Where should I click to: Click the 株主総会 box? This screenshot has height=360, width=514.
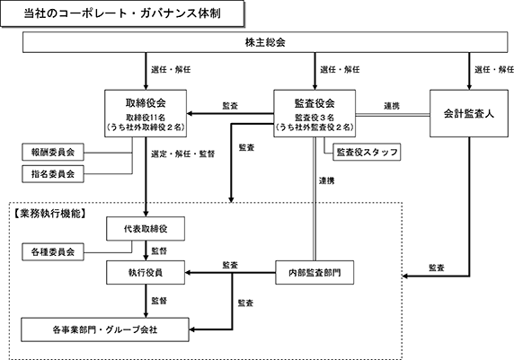click(265, 42)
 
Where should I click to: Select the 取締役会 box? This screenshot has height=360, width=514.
click(146, 113)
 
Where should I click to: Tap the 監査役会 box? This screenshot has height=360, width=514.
click(315, 113)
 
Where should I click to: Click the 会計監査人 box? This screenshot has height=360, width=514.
click(469, 113)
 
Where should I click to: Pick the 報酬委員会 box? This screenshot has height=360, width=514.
click(53, 152)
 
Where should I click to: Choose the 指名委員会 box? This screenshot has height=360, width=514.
click(53, 173)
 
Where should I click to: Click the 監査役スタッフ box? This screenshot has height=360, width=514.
click(367, 152)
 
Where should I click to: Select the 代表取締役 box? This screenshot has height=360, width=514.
click(146, 229)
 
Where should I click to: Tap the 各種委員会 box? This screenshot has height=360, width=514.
click(53, 252)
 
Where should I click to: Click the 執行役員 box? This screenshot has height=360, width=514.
click(146, 273)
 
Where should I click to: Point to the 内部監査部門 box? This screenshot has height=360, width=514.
click(315, 273)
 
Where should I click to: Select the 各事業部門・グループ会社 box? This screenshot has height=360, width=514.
click(105, 329)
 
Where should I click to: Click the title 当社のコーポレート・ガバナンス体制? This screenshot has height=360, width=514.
click(122, 13)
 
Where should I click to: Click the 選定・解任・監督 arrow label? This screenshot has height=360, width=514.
click(183, 154)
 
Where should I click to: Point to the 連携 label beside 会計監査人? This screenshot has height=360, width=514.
click(392, 106)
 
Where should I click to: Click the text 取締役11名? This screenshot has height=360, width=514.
click(146, 118)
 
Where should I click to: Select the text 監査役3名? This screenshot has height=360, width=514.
click(315, 118)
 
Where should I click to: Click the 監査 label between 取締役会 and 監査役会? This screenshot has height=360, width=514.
click(230, 106)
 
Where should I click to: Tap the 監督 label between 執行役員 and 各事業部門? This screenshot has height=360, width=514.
click(159, 301)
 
